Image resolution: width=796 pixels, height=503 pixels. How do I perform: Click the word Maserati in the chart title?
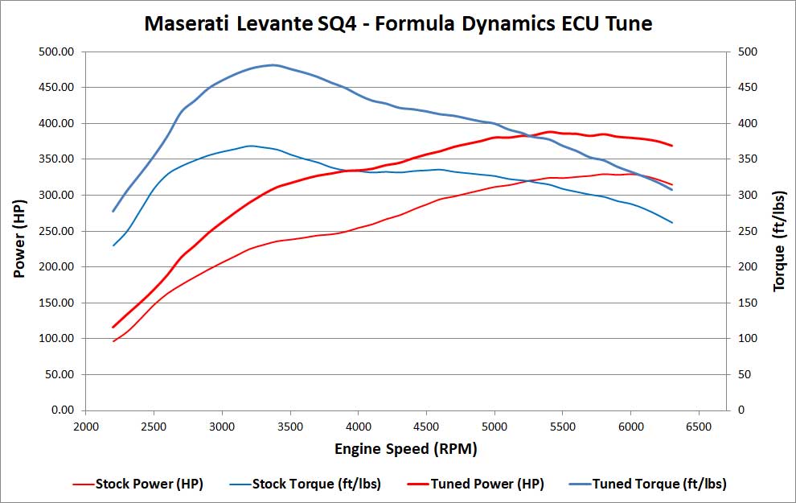coord(184,24)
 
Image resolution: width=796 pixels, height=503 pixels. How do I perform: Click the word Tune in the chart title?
coord(626,24)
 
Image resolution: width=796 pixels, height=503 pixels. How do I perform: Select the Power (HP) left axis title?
coord(19,230)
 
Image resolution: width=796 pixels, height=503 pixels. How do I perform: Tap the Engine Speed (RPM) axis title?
coord(406,448)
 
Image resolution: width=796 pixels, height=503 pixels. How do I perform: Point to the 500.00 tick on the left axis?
coord(55,52)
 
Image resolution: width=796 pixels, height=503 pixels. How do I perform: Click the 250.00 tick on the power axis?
coord(55,231)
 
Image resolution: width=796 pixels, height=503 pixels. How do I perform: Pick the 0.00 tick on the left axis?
coord(61,410)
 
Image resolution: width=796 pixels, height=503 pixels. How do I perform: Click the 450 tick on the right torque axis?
coord(749,88)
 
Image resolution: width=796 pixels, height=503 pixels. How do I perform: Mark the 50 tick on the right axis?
coord(745,374)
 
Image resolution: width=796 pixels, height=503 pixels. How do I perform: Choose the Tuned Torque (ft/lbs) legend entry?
coord(659,484)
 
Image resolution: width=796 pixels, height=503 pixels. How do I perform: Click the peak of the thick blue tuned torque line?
coord(273,65)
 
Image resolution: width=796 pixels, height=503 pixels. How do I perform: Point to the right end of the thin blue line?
coord(671,222)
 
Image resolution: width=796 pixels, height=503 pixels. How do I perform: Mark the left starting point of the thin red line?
coord(113,341)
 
